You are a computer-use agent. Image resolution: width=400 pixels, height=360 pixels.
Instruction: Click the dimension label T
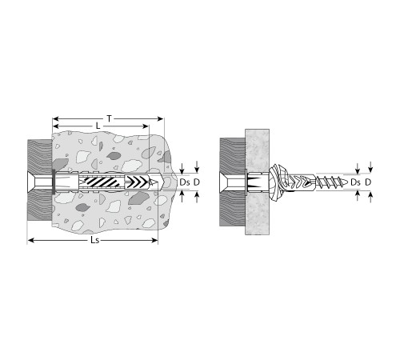coord(109,118)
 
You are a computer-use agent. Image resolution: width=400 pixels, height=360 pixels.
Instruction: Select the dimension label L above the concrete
coord(98,126)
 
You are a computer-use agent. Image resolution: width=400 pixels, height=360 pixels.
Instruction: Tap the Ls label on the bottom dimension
coord(95,240)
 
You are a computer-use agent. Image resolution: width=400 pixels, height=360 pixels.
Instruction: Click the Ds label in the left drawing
coord(185,182)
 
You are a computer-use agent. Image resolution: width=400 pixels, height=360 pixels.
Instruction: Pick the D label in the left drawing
coord(197,182)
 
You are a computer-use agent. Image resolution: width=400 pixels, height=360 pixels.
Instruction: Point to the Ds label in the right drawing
coord(355,182)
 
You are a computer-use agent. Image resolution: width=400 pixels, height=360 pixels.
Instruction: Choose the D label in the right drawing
coord(368,182)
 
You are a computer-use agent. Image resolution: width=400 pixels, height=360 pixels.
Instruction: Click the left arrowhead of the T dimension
coord(55,118)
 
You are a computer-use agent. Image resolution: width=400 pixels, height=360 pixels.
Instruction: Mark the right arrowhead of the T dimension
coord(160,118)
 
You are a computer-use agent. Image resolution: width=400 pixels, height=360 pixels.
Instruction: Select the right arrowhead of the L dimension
coord(146,126)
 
